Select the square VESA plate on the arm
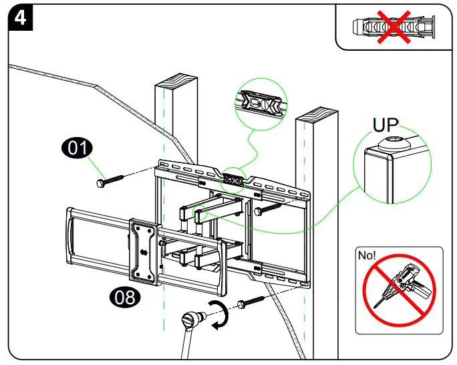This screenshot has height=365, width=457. (x=143, y=247)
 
